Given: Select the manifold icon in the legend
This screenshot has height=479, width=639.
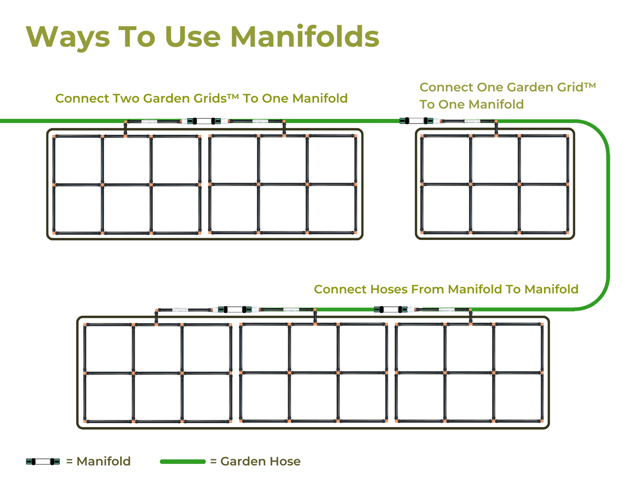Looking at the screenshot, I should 43,462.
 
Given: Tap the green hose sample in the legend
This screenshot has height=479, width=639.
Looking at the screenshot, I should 183,462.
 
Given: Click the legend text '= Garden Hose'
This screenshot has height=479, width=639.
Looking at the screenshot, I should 255,462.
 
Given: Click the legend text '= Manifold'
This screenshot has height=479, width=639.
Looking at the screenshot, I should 98,462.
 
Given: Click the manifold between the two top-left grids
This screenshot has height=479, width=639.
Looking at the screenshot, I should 204,121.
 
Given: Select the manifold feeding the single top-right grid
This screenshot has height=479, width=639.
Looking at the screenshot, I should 416,120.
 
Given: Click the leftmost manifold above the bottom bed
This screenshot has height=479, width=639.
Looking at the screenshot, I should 235,309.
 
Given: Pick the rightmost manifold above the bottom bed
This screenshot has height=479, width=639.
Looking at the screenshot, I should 391,309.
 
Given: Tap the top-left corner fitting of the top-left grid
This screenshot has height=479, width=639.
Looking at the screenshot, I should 54,136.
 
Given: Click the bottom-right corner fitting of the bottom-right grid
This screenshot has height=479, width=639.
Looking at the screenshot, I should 542,421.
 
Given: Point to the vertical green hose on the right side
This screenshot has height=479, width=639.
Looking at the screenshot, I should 608,215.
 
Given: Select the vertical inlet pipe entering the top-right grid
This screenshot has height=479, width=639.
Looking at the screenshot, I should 496,128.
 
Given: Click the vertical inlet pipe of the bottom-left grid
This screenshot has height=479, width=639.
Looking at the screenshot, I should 156,317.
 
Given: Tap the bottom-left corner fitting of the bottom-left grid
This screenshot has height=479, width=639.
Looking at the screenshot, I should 85,421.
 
